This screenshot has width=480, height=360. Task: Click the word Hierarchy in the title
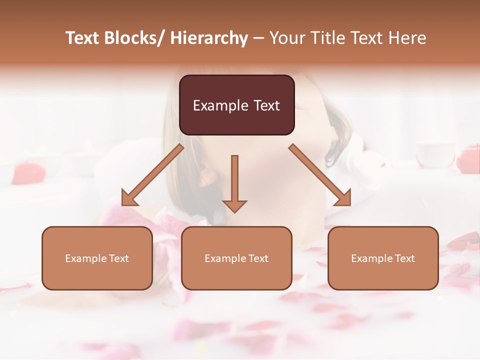[209, 38]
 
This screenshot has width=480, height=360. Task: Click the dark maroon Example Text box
[236, 105]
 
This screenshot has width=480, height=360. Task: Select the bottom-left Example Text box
[97, 258]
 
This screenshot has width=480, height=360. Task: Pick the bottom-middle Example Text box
[236, 258]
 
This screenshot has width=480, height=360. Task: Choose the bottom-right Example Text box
[383, 258]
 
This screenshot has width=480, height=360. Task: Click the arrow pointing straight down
[234, 182]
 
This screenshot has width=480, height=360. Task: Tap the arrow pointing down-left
[152, 175]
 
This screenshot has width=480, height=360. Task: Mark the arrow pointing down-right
[320, 175]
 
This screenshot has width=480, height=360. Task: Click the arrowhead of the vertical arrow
[234, 205]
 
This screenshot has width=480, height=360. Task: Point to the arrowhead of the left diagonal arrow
[128, 198]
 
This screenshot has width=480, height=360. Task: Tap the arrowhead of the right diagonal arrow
[343, 198]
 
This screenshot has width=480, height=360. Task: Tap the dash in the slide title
[258, 38]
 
